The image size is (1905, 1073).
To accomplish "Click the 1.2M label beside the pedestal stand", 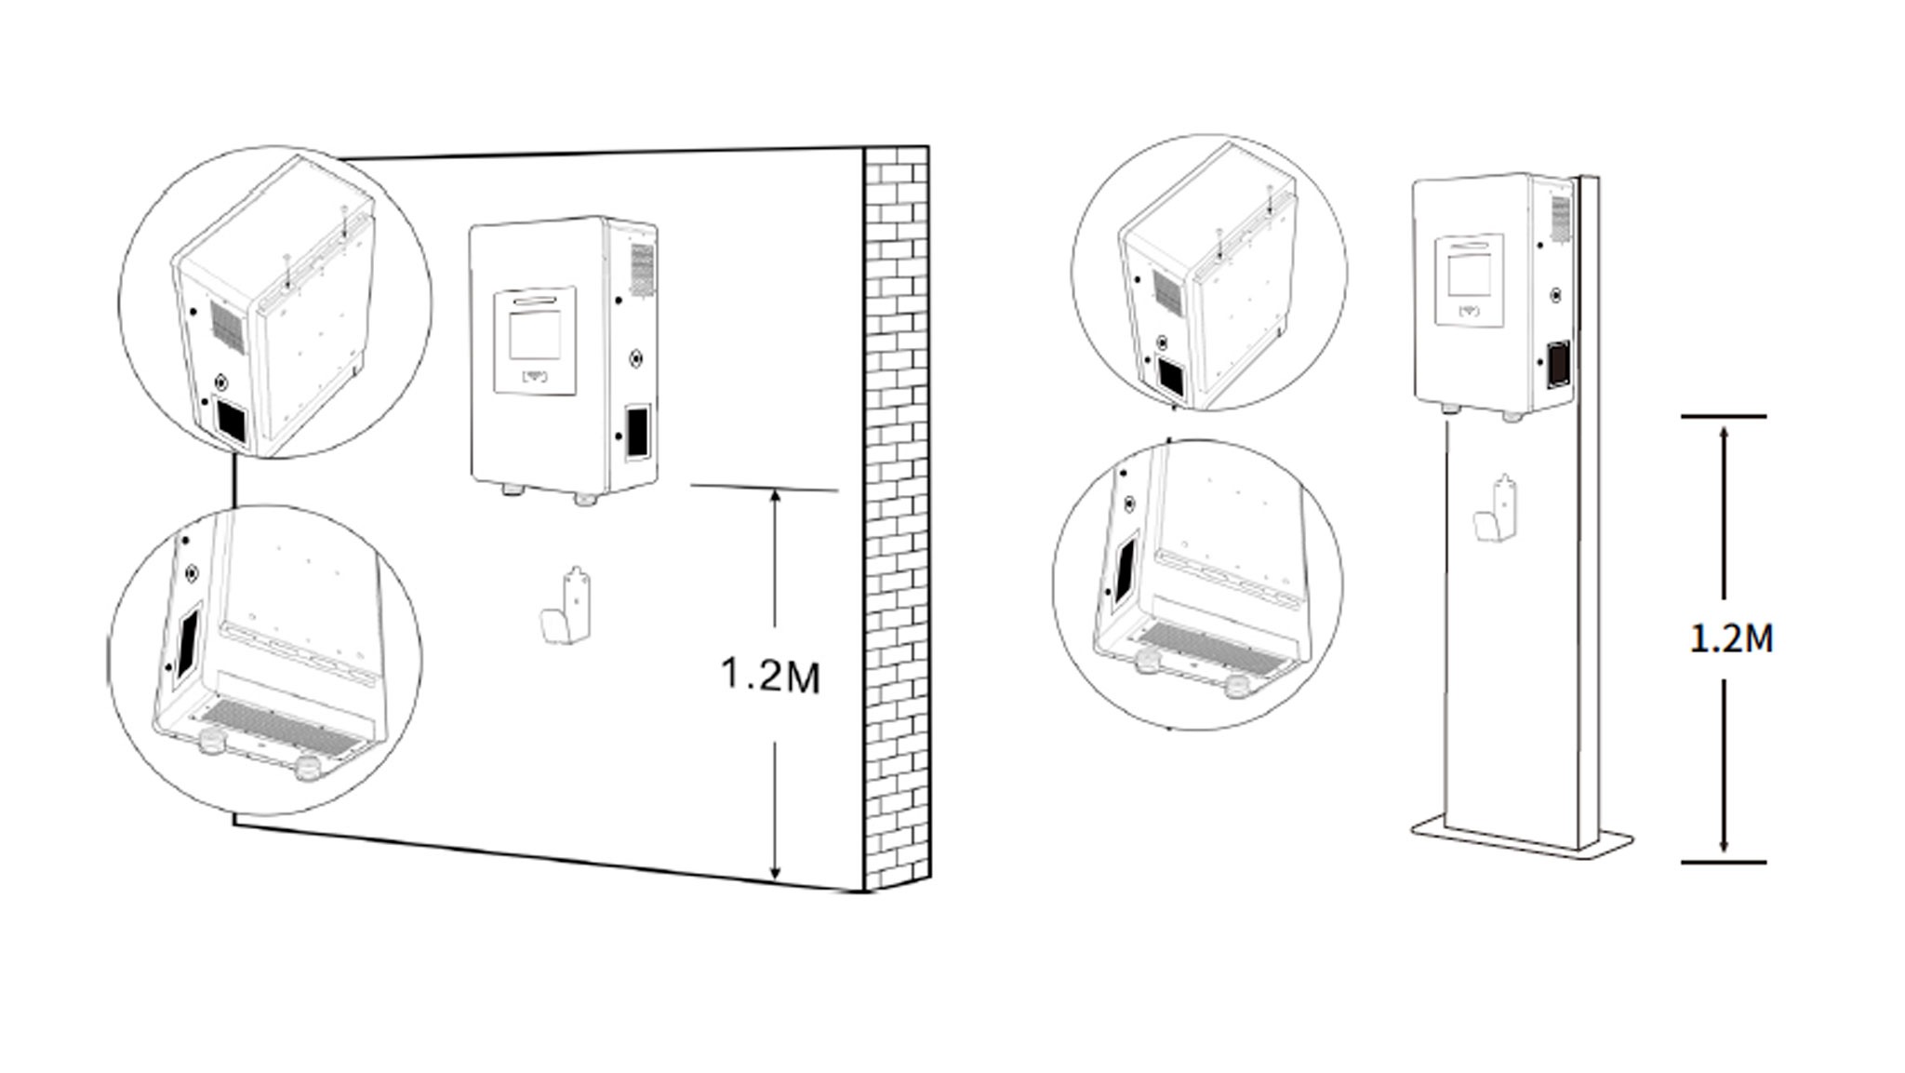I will pos(1731,639).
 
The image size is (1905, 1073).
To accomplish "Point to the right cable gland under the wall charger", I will pos(584,498).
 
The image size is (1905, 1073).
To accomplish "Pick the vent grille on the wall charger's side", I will pos(641,269).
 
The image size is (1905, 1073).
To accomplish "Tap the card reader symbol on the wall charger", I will pos(535,377).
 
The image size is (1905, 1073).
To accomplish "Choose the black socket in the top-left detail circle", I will pos(231,422).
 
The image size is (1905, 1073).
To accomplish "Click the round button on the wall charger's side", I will pos(635,357).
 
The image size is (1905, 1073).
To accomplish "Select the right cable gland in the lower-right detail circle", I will pos(1237,687).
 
